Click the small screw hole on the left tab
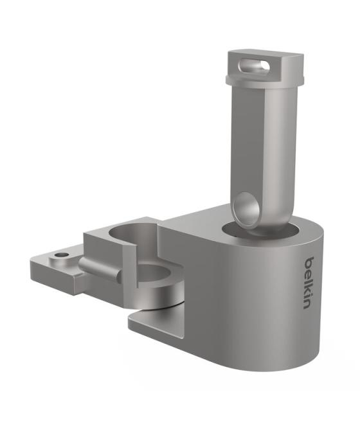(61, 255)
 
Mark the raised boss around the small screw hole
(61, 256)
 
